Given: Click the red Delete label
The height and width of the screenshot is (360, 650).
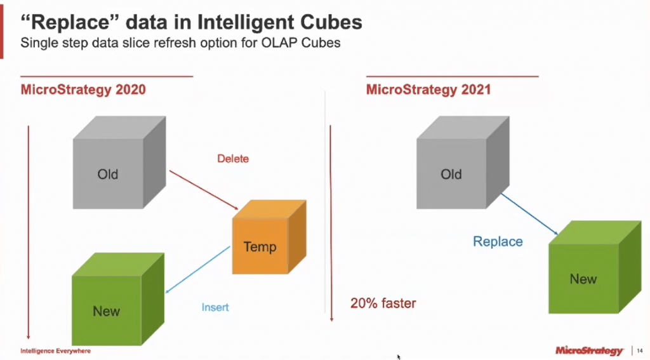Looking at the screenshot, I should [x=233, y=159].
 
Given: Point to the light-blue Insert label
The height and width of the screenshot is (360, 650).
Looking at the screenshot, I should [x=215, y=307].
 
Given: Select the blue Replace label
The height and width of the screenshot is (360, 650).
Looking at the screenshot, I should [x=498, y=241].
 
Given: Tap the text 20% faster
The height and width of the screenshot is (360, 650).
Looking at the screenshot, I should [x=383, y=303].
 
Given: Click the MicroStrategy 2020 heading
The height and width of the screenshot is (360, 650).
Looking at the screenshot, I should [x=83, y=90].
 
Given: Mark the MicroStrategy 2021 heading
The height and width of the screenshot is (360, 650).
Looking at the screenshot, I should [x=428, y=90].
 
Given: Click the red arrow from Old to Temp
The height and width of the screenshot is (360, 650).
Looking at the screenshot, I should [x=202, y=190].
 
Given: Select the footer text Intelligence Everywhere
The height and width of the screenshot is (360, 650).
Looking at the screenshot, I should [x=55, y=350].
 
